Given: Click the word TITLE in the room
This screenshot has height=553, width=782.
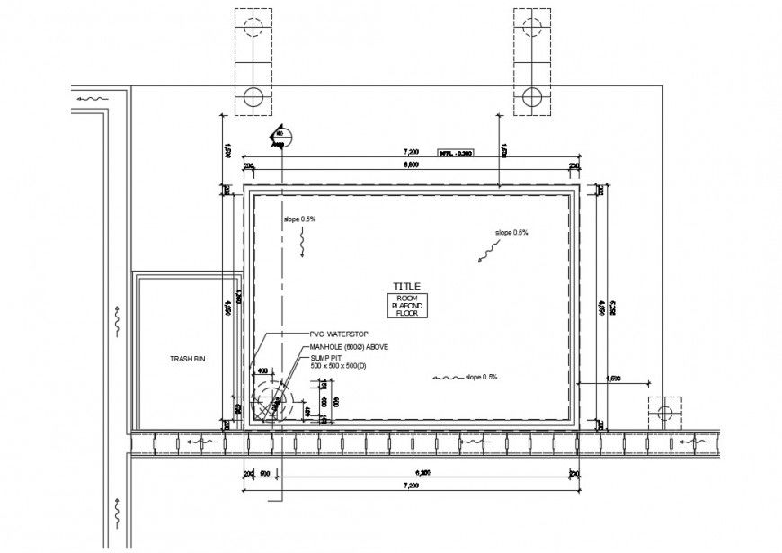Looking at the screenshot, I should tap(406, 285).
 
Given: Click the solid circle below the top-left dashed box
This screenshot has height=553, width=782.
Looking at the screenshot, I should tap(253, 96).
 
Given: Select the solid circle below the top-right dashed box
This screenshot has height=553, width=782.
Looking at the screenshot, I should tap(530, 96).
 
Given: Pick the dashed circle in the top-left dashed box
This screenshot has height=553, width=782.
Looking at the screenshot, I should tap(253, 25).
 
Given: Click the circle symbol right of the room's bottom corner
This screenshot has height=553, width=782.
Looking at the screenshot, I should tap(664, 413).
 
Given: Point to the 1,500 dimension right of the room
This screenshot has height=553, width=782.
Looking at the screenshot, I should tap(615, 378).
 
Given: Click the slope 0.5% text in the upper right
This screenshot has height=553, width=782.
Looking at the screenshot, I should tap(511, 233).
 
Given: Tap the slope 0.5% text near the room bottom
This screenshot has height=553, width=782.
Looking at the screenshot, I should tap(481, 377).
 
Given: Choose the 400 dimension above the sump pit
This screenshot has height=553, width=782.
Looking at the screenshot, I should tap(262, 370).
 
